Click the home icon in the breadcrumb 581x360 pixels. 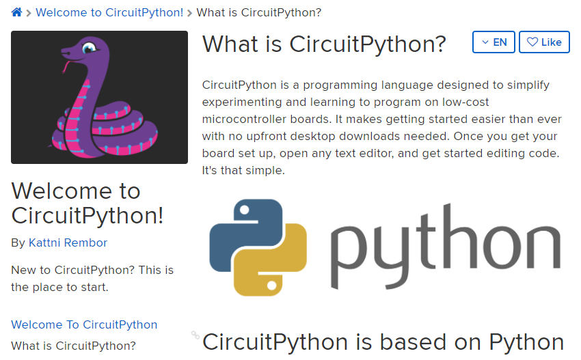16,12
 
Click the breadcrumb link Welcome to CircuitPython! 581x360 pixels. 109,12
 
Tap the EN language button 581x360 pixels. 494,42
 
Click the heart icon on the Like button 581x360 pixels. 532,42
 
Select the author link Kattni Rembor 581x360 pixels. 68,243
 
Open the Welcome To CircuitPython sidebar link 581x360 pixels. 84,324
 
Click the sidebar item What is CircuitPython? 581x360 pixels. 73,346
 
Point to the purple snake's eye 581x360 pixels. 89,48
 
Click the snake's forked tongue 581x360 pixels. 66,67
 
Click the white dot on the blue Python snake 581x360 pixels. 244,210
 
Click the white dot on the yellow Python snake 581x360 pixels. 271,286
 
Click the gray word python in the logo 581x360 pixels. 446,246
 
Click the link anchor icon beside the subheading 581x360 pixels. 195,335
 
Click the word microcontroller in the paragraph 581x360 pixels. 267,120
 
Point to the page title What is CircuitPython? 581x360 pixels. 324,44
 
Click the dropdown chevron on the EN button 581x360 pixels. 485,42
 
